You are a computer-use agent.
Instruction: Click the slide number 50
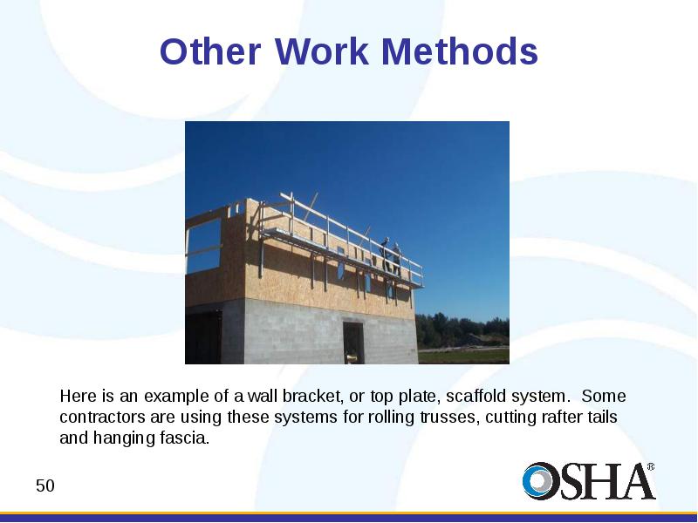click(x=45, y=486)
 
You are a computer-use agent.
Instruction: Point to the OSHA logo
click(x=588, y=481)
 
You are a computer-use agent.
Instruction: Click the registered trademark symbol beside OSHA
click(x=651, y=466)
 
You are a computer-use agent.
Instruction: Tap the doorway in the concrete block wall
click(x=353, y=343)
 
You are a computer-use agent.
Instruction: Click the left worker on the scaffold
click(x=385, y=255)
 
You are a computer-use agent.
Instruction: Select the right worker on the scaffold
click(x=396, y=259)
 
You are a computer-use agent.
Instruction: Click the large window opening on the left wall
click(x=204, y=245)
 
